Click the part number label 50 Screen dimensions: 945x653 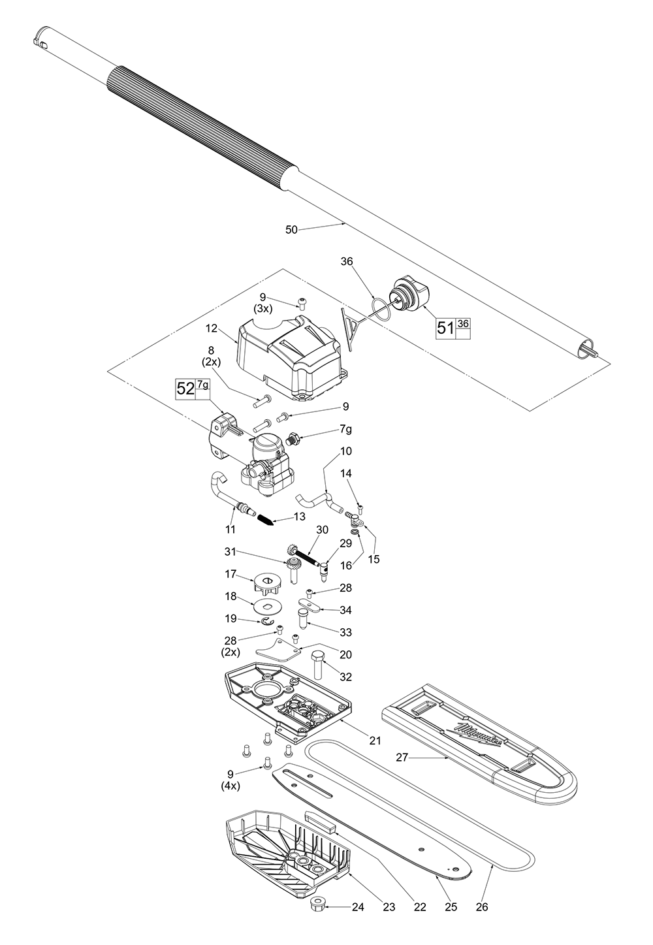292,229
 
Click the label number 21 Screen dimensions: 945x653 375,740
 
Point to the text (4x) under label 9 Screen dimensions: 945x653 231,786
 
